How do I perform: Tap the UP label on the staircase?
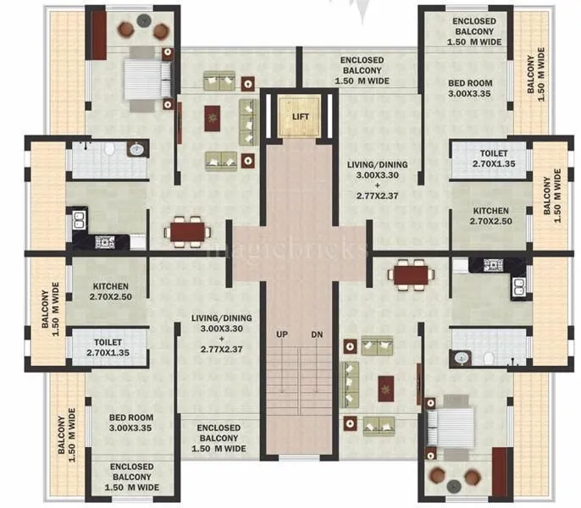click(x=282, y=334)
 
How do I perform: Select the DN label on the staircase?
click(x=317, y=334)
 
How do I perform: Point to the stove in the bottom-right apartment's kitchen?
click(x=495, y=265)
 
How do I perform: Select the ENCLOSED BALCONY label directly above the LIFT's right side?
click(x=362, y=71)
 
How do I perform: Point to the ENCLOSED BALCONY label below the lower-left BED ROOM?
click(x=131, y=478)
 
